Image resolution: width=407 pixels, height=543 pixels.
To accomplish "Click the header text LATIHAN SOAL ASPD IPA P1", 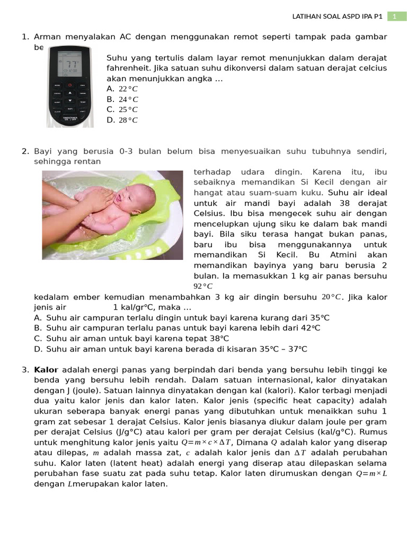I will tap(337, 16).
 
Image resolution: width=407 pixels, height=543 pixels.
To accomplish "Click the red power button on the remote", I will tap(69, 85).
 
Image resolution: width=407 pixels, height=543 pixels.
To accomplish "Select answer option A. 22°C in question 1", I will tap(122, 89).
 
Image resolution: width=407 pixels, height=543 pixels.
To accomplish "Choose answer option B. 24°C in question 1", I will tap(122, 99).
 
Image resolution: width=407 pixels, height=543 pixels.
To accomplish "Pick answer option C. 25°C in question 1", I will tap(122, 110).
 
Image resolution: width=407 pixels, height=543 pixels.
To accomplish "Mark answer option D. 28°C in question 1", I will tap(122, 120).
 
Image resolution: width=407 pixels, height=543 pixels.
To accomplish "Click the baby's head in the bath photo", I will tap(136, 197).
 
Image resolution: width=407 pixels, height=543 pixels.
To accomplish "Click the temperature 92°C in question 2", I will tap(203, 286).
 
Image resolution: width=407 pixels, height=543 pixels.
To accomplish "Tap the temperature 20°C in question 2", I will tap(331, 297).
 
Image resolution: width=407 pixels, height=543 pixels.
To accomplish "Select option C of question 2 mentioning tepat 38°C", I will tap(138, 338).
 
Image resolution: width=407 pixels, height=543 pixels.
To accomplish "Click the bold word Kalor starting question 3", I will tap(46, 370).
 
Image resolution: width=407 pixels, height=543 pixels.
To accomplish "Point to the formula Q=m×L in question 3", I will tap(371, 474).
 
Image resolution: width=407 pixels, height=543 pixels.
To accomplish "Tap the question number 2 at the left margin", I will tap(25, 151).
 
